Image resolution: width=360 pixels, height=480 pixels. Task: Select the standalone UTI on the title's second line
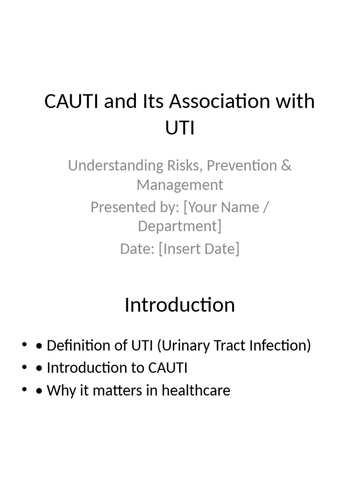click(x=180, y=127)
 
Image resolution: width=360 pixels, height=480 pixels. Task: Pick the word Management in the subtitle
click(x=180, y=185)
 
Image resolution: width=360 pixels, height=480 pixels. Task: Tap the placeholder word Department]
click(x=180, y=226)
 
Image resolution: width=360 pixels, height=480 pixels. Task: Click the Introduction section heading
click(x=180, y=305)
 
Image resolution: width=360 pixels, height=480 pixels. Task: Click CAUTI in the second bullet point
click(x=168, y=368)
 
